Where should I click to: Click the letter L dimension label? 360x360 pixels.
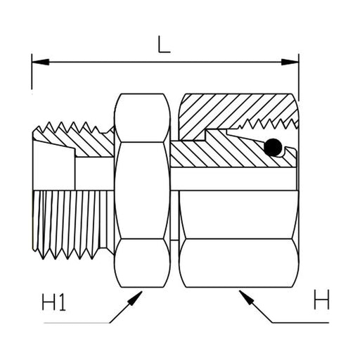click(x=164, y=44)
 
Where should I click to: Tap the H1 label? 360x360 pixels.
click(x=53, y=302)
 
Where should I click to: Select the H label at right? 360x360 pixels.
click(x=321, y=300)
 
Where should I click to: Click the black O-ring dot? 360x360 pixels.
click(x=273, y=148)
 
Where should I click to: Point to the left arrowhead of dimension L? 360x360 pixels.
click(x=40, y=62)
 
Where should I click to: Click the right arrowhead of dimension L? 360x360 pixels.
click(x=290, y=62)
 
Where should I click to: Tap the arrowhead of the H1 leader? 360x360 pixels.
click(x=136, y=297)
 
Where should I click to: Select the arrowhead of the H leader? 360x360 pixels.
click(x=245, y=297)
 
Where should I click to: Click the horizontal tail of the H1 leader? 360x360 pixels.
click(x=77, y=323)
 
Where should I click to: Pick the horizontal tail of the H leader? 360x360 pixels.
click(x=301, y=323)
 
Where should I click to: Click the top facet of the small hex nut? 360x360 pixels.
click(x=142, y=118)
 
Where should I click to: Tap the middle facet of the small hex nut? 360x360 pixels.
click(x=142, y=191)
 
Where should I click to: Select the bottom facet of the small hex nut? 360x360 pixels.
click(x=142, y=263)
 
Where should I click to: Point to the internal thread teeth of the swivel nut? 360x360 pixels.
click(x=267, y=124)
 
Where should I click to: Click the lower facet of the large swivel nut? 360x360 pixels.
click(x=239, y=263)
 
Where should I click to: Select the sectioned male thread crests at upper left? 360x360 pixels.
click(x=70, y=128)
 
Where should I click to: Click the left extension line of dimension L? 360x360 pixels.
click(x=32, y=72)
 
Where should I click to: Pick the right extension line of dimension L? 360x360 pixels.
click(x=299, y=77)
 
